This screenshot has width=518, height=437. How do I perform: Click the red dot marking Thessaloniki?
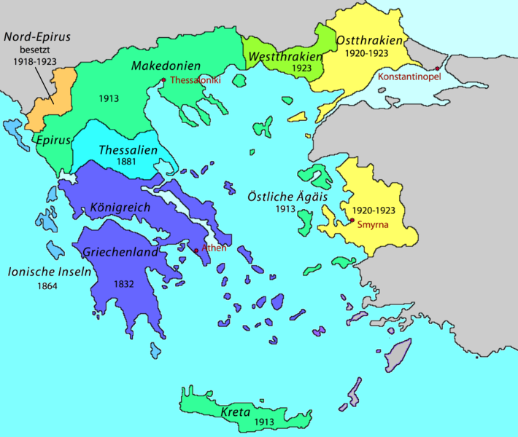click(x=163, y=80)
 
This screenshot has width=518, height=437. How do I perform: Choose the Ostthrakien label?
click(x=370, y=40)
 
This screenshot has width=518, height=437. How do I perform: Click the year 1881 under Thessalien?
click(x=125, y=163)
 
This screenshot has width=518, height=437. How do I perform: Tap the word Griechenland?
click(x=121, y=253)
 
